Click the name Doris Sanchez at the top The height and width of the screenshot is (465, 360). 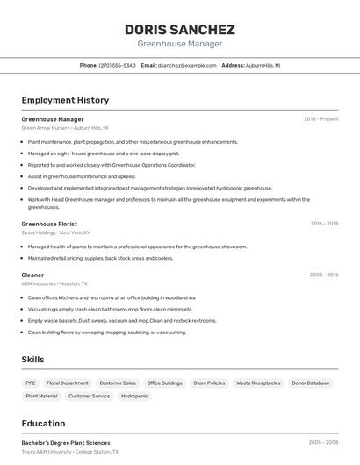pyautogui.click(x=179, y=29)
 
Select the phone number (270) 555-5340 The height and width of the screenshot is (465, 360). pyautogui.click(x=118, y=65)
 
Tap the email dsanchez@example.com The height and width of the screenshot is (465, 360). pyautogui.click(x=186, y=65)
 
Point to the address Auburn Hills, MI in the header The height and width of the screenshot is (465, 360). pyautogui.click(x=263, y=65)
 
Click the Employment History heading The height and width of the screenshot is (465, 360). pyautogui.click(x=65, y=100)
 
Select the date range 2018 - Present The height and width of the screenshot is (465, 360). pyautogui.click(x=321, y=119)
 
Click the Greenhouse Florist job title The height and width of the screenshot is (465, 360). pyautogui.click(x=49, y=224)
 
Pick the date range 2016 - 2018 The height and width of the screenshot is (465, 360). pyautogui.click(x=324, y=224)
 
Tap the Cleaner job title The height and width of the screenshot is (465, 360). pyautogui.click(x=32, y=275)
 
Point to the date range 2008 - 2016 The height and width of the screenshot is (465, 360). pyautogui.click(x=324, y=275)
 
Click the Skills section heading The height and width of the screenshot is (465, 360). pyautogui.click(x=32, y=360)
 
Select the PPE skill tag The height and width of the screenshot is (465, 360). pyautogui.click(x=31, y=383)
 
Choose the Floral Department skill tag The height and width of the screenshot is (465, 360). pyautogui.click(x=68, y=383)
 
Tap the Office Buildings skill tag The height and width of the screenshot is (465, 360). pyautogui.click(x=164, y=383)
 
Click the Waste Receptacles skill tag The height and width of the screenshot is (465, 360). pyautogui.click(x=258, y=383)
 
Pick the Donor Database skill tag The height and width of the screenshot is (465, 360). pyautogui.click(x=311, y=383)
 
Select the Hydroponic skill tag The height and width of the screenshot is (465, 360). pyautogui.click(x=134, y=397)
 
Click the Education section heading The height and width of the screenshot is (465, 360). pyautogui.click(x=43, y=423)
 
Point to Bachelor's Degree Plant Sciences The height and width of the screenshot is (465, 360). pyautogui.click(x=66, y=443)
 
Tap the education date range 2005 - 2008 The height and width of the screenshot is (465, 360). pyautogui.click(x=324, y=443)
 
